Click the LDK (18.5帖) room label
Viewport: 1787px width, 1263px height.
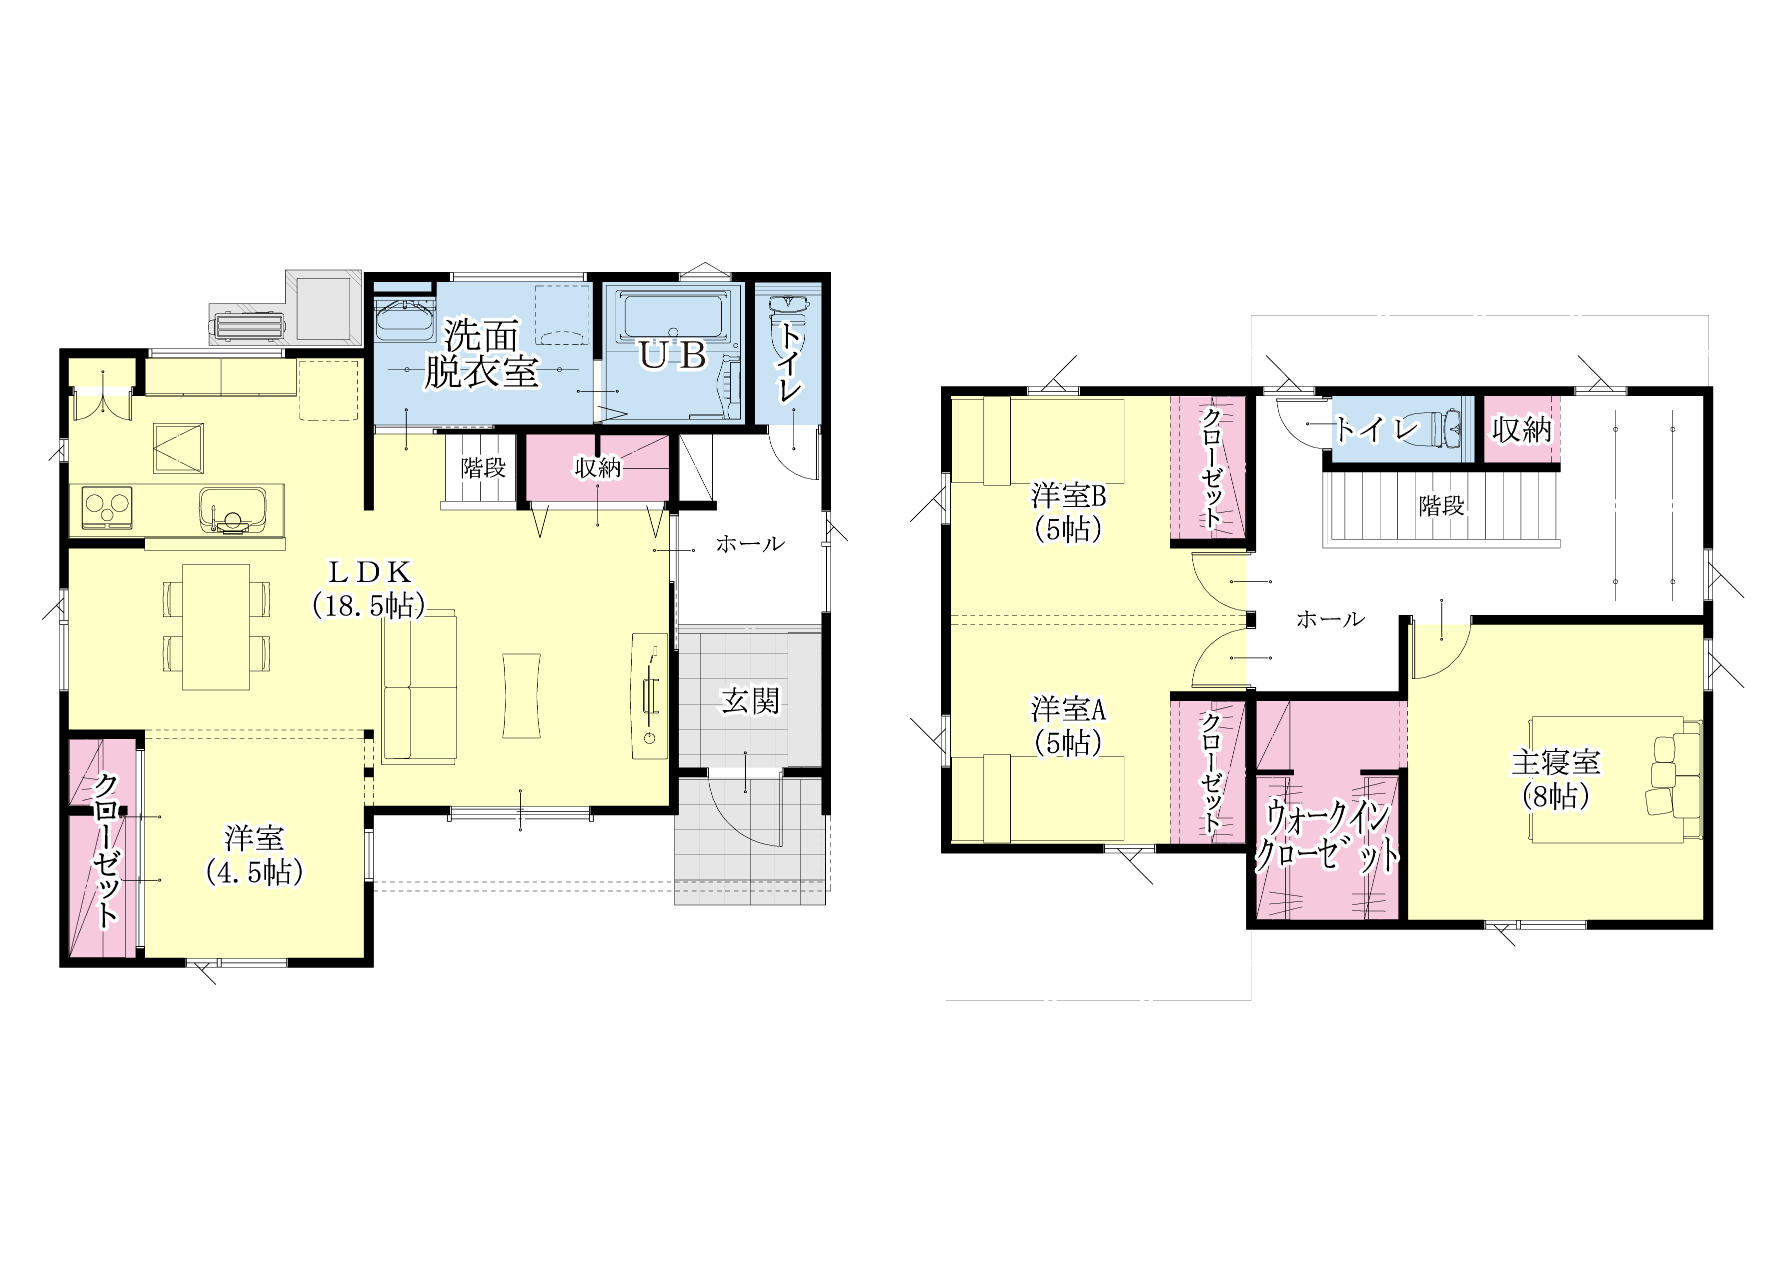click(x=369, y=589)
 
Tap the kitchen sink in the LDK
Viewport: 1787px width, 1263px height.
click(x=232, y=509)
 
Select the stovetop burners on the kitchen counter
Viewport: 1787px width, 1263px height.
click(x=107, y=507)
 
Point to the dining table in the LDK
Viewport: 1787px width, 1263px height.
click(x=217, y=626)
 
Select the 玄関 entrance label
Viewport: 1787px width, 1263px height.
click(x=750, y=701)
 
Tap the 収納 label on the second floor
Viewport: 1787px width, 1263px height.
click(x=1521, y=429)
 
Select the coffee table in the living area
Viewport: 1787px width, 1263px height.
click(x=522, y=695)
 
